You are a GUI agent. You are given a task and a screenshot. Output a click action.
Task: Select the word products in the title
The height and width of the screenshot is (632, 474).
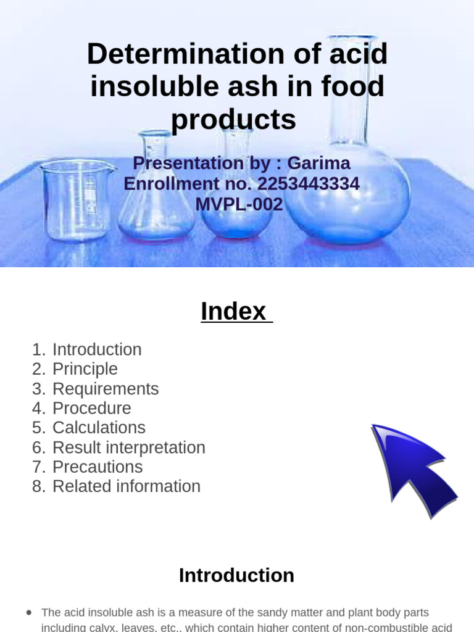point(233,119)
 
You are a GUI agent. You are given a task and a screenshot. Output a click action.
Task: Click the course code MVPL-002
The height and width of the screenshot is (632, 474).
point(239,204)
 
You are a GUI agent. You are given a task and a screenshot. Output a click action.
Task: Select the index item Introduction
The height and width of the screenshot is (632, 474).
point(97,349)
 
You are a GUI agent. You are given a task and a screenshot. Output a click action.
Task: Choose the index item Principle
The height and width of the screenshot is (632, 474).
point(85,369)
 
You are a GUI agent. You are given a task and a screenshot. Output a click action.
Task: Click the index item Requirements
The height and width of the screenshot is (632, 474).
point(106,389)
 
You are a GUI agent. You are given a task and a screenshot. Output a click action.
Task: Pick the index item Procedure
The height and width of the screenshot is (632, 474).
point(92,408)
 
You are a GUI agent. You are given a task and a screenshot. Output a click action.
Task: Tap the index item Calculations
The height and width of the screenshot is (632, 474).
point(99,428)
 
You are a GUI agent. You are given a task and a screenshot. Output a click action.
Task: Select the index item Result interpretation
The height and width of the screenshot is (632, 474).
point(129,447)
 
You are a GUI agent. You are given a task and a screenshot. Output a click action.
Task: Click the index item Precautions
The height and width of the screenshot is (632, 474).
point(98,467)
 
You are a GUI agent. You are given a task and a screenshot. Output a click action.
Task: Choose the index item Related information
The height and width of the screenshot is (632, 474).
point(127,486)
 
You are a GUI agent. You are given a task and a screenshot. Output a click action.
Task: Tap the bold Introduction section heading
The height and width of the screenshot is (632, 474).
point(236,575)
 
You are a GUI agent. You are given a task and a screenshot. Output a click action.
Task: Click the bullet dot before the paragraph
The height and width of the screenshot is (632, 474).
point(29,612)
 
